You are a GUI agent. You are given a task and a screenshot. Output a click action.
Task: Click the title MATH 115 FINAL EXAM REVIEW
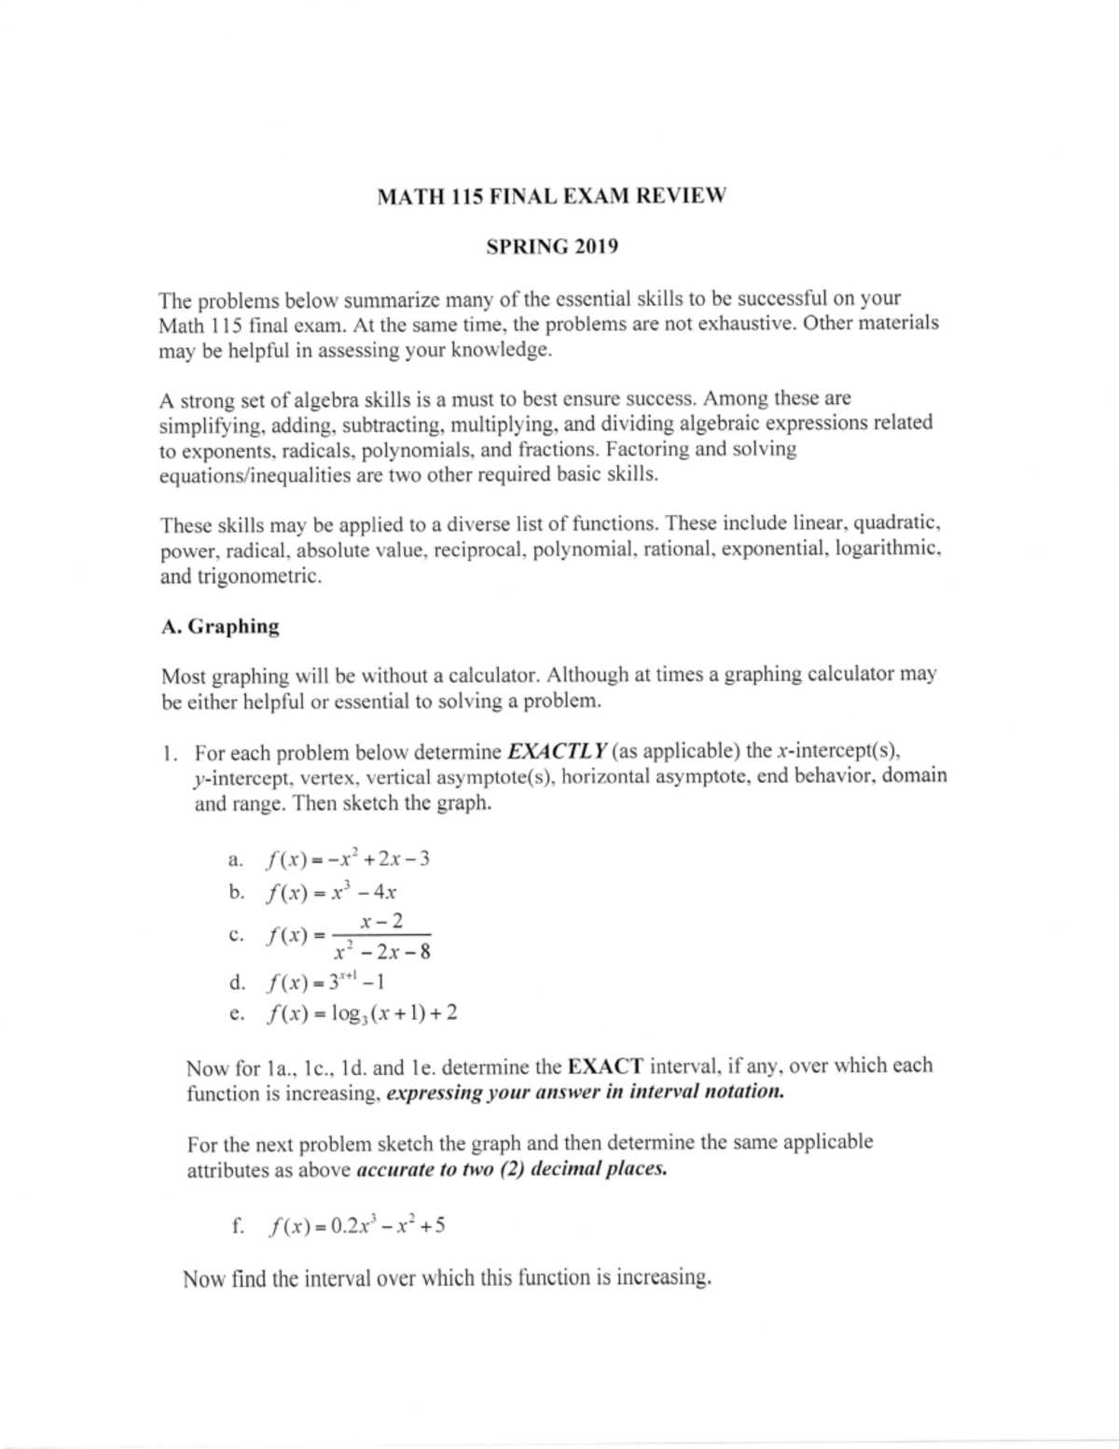pos(550,197)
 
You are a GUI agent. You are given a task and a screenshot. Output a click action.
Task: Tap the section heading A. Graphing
pos(220,626)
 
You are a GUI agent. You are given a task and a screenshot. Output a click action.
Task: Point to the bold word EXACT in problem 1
pos(605,1066)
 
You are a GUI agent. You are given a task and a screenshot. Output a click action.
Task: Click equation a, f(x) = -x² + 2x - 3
pos(347,859)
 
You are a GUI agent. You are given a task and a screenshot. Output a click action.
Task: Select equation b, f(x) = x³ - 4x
pos(332,893)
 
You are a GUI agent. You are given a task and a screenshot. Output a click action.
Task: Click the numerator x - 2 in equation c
pos(382,921)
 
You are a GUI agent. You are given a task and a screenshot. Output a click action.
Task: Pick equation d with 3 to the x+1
pos(325,982)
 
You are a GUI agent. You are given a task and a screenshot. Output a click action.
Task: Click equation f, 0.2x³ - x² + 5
pos(354,1225)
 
